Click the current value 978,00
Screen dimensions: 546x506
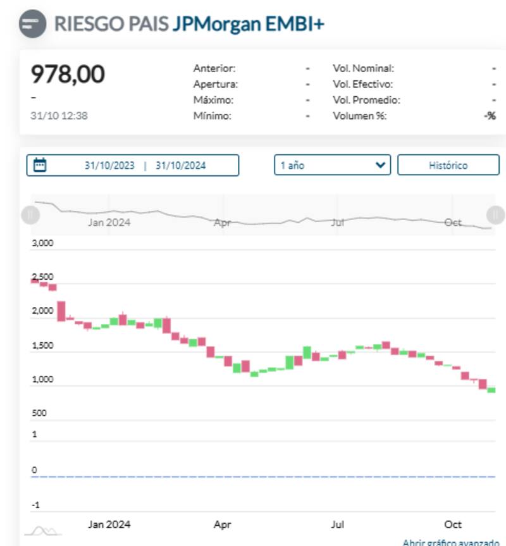pos(68,75)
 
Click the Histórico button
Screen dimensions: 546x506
pos(448,165)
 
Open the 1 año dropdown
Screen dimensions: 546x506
pos(332,165)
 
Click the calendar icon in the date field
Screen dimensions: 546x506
pos(40,165)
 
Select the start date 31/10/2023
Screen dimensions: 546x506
pos(109,166)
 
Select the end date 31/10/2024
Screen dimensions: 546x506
pos(180,166)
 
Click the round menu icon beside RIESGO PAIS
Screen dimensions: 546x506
pos(32,25)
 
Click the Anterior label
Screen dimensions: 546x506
pos(214,68)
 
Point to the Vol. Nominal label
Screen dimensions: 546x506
pos(363,68)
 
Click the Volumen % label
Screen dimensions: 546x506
pos(359,116)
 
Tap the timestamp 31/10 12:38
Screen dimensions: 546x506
pos(59,116)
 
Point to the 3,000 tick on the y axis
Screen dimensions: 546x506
pos(42,244)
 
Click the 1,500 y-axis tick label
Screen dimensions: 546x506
pos(42,346)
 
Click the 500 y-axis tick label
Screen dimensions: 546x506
pos(39,413)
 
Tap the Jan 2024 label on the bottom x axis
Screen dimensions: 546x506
pos(109,524)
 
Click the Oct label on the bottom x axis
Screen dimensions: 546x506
pos(453,524)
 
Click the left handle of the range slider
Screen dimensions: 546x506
pos(30,215)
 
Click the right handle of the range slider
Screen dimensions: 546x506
pos(495,215)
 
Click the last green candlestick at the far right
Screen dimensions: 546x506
pos(491,390)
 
